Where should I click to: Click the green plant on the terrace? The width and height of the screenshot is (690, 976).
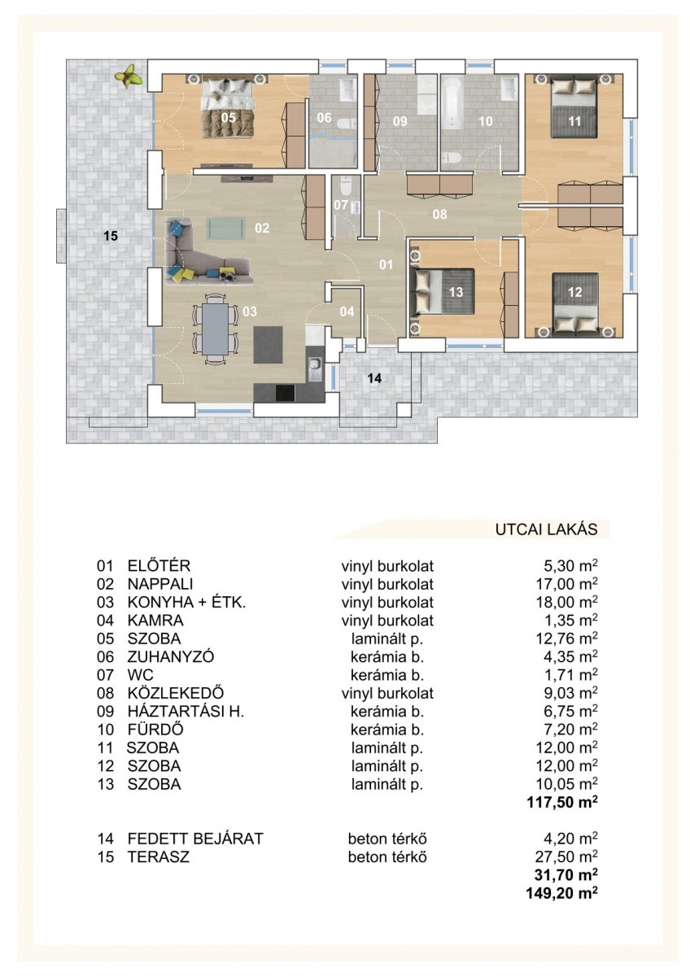(x=129, y=76)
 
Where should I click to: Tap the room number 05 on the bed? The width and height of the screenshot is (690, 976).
(x=228, y=117)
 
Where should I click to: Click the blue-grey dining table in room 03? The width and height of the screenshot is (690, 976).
(x=215, y=329)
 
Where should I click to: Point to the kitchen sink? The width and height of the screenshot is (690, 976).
(x=314, y=368)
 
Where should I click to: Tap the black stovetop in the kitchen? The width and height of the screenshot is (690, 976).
(x=286, y=394)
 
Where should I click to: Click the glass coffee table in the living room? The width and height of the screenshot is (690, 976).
(x=225, y=229)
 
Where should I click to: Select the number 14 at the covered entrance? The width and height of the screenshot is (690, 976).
(x=374, y=378)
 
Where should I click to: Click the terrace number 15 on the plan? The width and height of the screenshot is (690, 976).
(x=111, y=236)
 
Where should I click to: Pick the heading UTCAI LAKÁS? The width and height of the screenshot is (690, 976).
(x=546, y=529)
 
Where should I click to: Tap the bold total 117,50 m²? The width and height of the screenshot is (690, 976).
(x=562, y=802)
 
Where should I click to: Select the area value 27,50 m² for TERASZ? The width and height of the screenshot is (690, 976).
(x=566, y=856)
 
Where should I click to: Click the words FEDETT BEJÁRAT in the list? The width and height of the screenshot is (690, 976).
(x=195, y=839)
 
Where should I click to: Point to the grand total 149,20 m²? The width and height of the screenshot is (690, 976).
(x=562, y=893)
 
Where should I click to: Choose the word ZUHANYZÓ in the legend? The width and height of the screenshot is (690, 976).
(x=171, y=656)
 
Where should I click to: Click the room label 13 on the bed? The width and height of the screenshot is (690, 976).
(x=456, y=291)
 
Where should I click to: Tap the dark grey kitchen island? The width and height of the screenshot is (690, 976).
(x=268, y=344)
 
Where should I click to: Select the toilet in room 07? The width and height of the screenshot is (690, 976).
(x=346, y=185)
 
